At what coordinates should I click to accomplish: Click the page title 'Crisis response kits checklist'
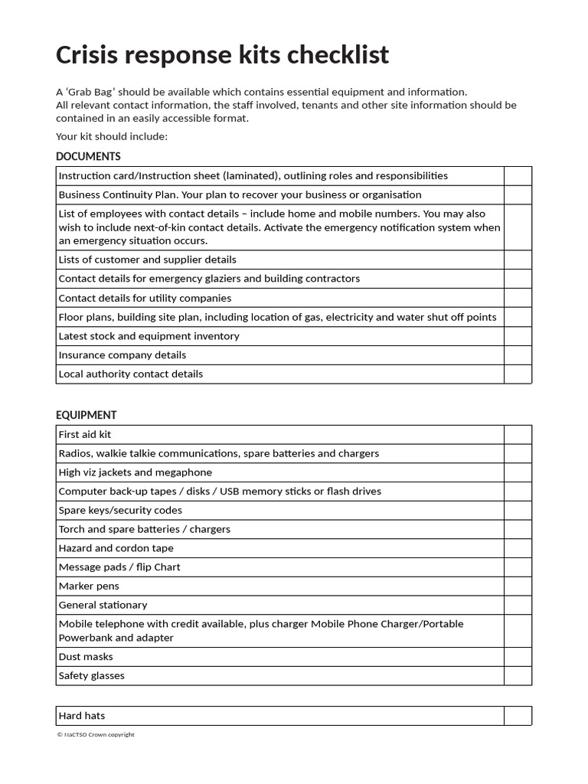[x=222, y=55]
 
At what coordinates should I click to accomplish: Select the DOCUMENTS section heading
[x=88, y=156]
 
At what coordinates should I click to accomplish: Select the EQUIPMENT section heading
[x=87, y=415]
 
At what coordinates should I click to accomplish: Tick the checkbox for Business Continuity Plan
[x=518, y=194]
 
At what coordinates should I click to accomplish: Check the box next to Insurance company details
[x=518, y=355]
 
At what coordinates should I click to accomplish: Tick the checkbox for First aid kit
[x=518, y=434]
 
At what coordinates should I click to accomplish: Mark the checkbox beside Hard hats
[x=518, y=716]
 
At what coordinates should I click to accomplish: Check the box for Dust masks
[x=518, y=657]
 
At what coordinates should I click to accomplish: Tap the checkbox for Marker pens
[x=518, y=586]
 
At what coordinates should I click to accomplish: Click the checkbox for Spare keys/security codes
[x=518, y=510]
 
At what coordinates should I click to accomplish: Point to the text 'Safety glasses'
[x=91, y=675]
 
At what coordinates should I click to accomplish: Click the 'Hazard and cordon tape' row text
[x=116, y=548]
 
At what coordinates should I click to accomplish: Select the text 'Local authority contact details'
[x=130, y=374]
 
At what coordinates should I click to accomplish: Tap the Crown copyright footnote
[x=96, y=734]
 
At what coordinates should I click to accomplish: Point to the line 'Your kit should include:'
[x=111, y=136]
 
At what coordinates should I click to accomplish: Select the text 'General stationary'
[x=103, y=605]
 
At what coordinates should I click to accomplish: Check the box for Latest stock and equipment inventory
[x=518, y=336]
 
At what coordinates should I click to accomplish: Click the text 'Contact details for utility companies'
[x=145, y=298]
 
